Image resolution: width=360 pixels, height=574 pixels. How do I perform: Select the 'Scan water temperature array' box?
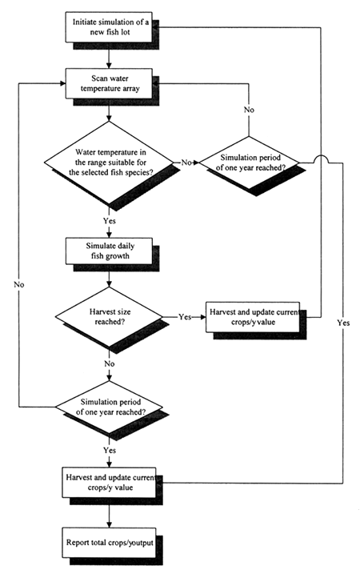click(x=105, y=83)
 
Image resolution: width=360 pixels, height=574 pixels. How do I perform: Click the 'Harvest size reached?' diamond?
click(x=106, y=317)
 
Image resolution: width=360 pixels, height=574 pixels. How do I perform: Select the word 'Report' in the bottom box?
click(x=78, y=543)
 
